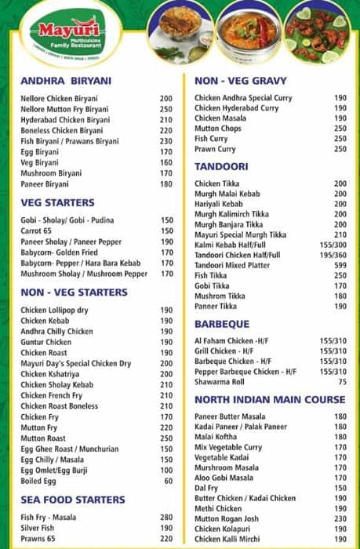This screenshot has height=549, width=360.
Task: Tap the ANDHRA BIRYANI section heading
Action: (66, 80)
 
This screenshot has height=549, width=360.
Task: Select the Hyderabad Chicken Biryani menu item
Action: (65, 120)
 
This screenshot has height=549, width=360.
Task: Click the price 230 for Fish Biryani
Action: (165, 141)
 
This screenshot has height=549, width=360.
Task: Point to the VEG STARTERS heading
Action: (57, 202)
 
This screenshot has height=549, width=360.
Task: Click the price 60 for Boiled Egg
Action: (167, 482)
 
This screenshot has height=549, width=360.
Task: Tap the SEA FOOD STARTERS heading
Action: (72, 500)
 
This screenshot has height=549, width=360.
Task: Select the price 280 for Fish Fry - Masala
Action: (165, 518)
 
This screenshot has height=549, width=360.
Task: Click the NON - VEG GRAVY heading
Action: (240, 80)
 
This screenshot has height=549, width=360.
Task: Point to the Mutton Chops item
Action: (219, 129)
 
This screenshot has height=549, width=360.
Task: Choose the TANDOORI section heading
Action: (221, 166)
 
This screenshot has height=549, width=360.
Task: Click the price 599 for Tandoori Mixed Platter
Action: (340, 265)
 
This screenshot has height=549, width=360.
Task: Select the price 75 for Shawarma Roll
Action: (341, 382)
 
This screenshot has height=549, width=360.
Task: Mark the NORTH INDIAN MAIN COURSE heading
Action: (269, 400)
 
